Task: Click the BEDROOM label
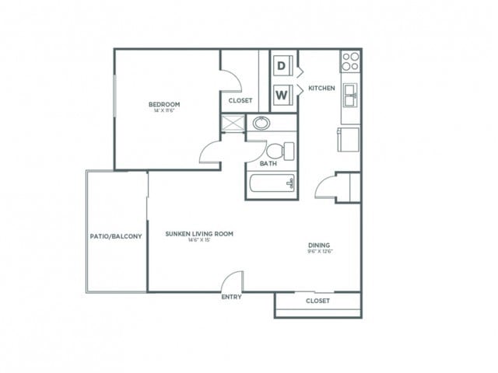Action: (164, 104)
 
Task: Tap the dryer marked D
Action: (282, 66)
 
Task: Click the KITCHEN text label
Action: (321, 89)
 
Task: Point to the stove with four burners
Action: (350, 60)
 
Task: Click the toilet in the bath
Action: (278, 149)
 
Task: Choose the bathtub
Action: (271, 184)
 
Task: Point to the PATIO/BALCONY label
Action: (116, 236)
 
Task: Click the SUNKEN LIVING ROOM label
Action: (199, 233)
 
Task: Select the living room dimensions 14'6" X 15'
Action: (199, 240)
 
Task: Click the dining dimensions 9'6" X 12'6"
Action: (321, 251)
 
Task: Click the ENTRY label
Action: (231, 297)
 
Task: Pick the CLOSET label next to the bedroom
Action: (240, 100)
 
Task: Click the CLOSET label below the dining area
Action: (317, 301)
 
